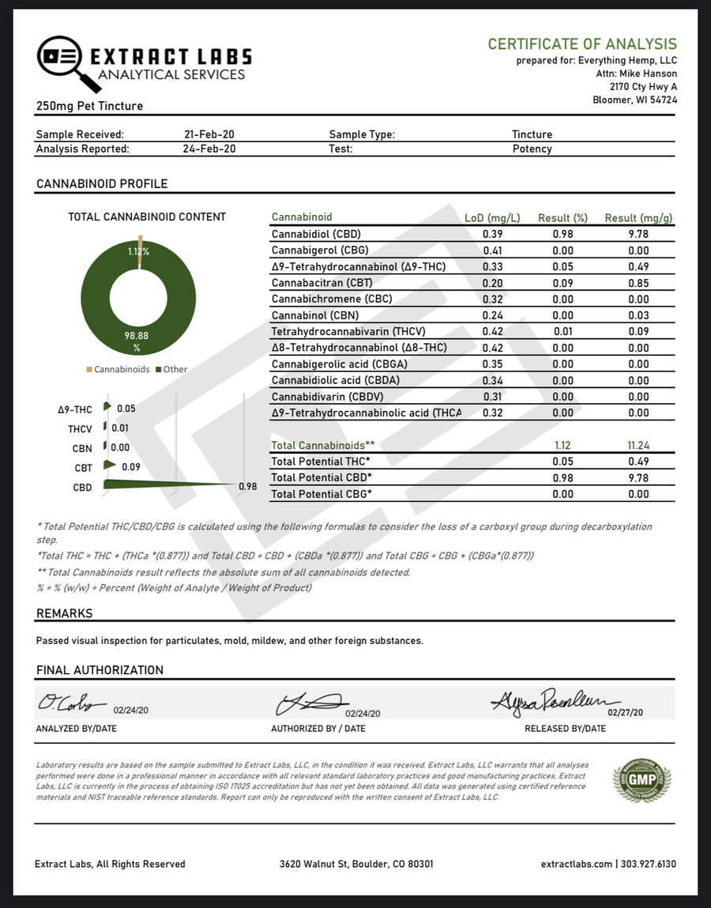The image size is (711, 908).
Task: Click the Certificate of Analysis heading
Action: point(581,44)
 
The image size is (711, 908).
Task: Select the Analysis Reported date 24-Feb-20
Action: point(209,149)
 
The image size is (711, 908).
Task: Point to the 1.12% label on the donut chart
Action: point(139,251)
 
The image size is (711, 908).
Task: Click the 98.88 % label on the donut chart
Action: point(137,341)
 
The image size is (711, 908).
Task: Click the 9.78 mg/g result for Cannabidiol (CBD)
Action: point(638,234)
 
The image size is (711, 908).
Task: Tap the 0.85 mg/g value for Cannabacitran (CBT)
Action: point(638,283)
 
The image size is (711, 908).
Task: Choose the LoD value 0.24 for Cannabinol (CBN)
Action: point(493,315)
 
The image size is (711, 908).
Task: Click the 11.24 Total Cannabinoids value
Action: point(638,445)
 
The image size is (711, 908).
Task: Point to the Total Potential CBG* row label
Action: point(321,494)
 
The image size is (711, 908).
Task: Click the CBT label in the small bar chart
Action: point(83,468)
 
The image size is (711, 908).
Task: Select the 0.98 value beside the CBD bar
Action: point(248,487)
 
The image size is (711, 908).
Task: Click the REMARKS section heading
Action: point(64,613)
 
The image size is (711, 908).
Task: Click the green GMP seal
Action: point(641,780)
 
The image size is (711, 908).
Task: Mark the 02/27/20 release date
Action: point(625,712)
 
